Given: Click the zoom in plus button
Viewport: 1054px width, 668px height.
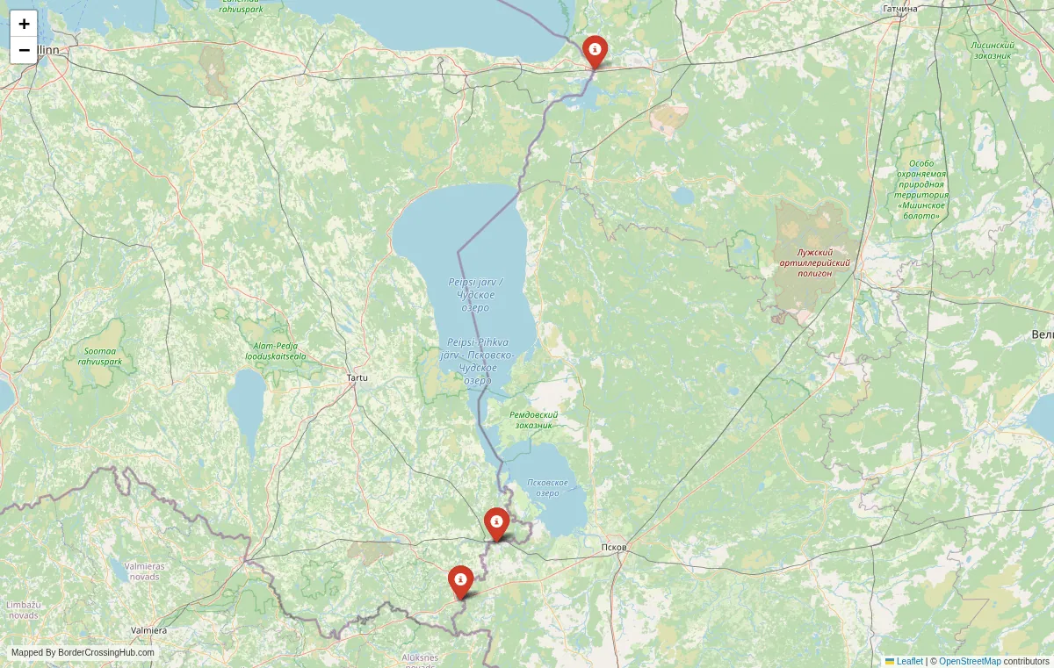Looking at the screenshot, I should point(24,24).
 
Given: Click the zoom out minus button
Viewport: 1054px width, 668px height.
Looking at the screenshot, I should point(24,50).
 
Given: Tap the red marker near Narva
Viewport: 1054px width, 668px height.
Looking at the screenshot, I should point(595,50).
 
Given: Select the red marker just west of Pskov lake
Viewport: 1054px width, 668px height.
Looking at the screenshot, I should point(496,523).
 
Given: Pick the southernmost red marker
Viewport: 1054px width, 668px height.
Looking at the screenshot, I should point(460,581).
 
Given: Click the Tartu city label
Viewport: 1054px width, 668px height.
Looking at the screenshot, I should point(357,377).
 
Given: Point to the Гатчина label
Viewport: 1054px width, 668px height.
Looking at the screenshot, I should point(899,9).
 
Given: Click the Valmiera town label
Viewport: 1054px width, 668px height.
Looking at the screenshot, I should point(148,630).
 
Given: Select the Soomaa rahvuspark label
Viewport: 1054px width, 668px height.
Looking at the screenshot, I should point(99,356).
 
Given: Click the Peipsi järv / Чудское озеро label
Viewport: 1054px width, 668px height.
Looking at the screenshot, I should point(475,294).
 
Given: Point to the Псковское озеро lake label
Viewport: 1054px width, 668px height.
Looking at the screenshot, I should point(546,488).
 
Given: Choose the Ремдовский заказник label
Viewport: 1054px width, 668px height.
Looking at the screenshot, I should point(533,420).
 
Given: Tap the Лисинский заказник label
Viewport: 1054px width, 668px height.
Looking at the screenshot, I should point(993,50).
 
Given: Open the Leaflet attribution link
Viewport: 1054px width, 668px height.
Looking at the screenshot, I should point(909,661).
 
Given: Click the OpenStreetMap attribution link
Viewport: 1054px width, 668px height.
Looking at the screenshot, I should point(970,661).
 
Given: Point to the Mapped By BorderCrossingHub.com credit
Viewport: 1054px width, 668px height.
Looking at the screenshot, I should point(83,653).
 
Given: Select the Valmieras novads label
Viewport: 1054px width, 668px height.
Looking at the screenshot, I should point(143,571).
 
